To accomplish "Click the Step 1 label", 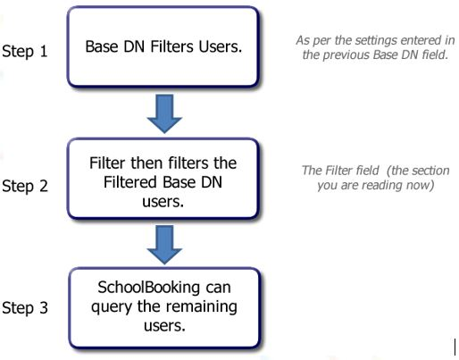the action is (25, 51).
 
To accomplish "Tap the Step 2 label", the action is (25, 186).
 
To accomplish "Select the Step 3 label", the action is (25, 307).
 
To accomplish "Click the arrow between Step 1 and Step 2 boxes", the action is (164, 113).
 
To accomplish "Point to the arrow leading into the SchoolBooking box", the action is (164, 245).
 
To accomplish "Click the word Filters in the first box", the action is (171, 46).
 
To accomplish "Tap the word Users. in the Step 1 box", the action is (221, 46).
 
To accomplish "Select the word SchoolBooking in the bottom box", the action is (148, 288).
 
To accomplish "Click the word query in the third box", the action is (112, 307).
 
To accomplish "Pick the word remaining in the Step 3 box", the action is (201, 306).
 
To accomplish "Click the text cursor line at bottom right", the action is (455, 347).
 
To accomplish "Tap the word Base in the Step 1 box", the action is (102, 46).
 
